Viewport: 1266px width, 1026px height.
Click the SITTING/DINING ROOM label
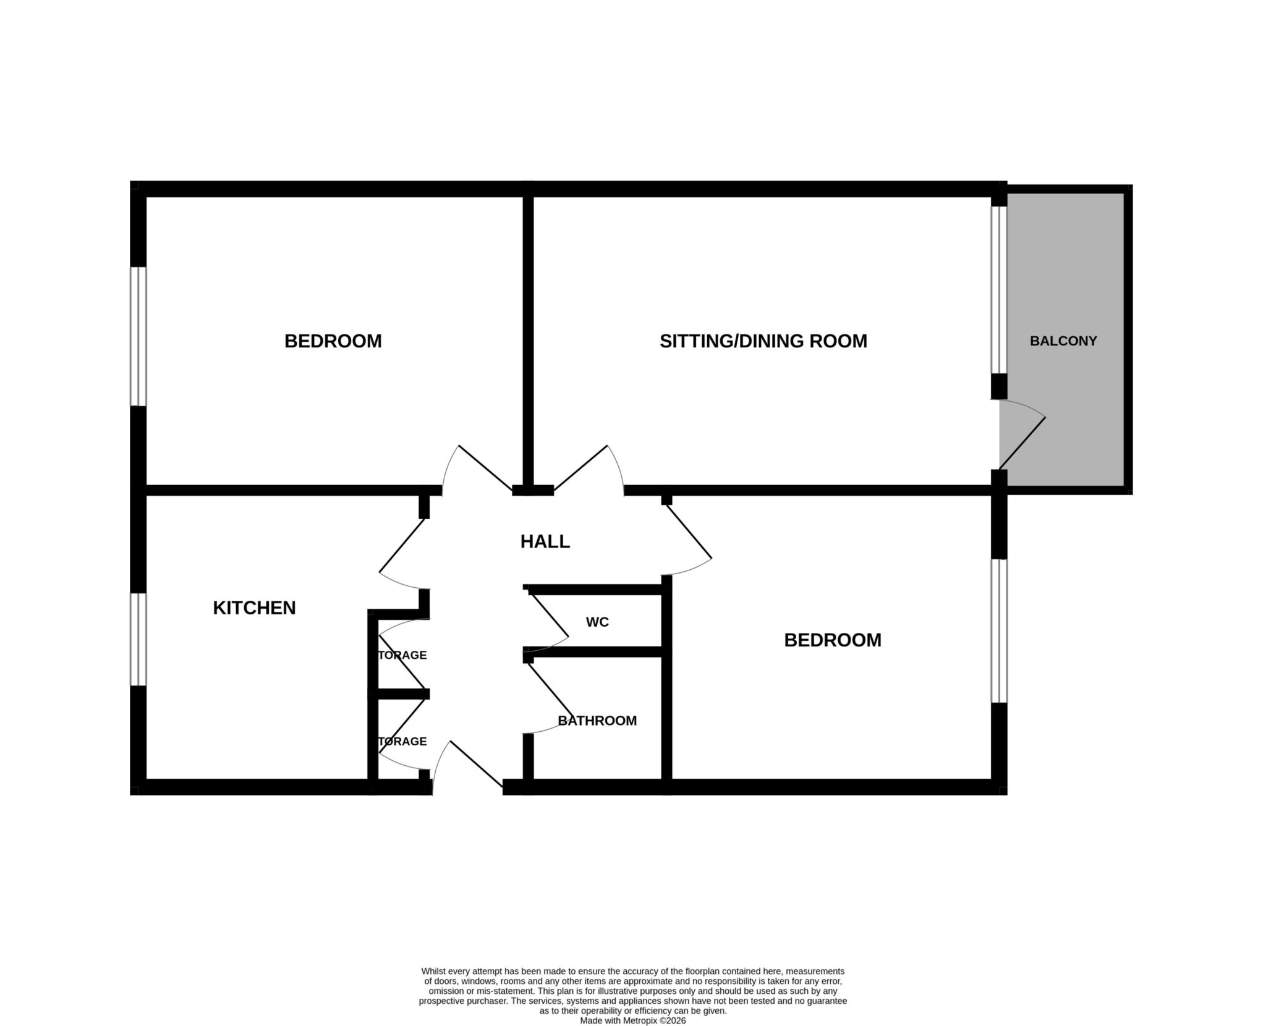(763, 341)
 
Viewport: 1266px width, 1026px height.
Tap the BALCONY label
(1063, 341)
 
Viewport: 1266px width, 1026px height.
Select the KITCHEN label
(254, 608)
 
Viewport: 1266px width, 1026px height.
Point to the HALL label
(545, 542)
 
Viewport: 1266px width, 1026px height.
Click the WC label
(597, 622)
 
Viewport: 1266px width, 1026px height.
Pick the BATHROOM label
(597, 721)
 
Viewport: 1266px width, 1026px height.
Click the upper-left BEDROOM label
(333, 341)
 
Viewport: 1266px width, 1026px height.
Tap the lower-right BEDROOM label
(832, 640)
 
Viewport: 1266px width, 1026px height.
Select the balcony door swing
(1022, 443)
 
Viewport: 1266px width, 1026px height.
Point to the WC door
(548, 615)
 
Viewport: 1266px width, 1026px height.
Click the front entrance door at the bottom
(476, 764)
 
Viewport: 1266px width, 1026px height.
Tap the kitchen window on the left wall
(138, 640)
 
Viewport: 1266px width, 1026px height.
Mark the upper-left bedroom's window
(138, 336)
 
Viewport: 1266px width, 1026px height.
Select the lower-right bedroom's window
(999, 631)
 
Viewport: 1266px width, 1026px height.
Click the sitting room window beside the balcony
(999, 290)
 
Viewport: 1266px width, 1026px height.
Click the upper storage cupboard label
(402, 655)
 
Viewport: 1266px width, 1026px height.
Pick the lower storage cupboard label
(402, 742)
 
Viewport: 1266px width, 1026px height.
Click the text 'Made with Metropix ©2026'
(632, 1021)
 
